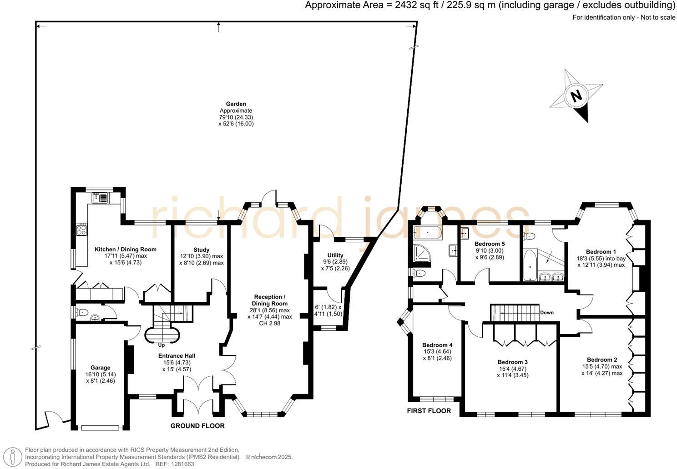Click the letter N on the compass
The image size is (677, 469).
[576, 96]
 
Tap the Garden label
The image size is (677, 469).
[236, 104]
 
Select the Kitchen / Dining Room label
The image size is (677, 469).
[126, 249]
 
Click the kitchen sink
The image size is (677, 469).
[100, 198]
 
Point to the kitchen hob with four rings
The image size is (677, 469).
[82, 230]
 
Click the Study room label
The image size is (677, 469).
[201, 250]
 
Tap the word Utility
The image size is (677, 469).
[335, 255]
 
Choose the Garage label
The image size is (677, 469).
[101, 368]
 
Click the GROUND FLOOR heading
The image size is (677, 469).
[197, 425]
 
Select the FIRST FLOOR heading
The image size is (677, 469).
[429, 411]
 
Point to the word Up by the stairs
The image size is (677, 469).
[161, 345]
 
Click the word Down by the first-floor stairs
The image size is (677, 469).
[547, 312]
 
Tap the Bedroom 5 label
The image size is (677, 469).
[490, 244]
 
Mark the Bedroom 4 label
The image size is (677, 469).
[437, 345]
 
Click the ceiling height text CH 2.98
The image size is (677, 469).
[270, 323]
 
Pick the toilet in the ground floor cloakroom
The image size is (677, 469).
[81, 312]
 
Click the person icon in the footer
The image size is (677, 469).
[13, 457]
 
